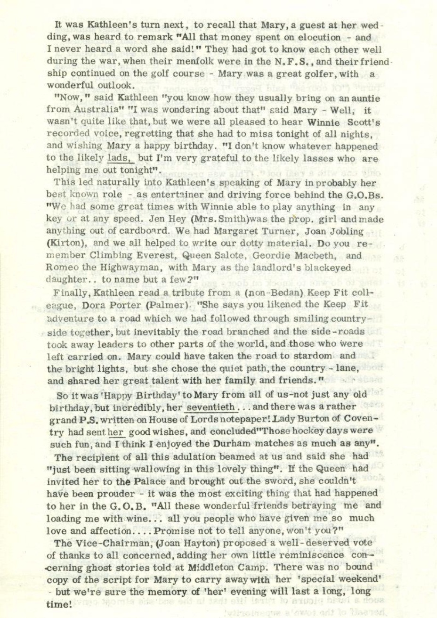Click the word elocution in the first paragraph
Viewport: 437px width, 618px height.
[x=318, y=37]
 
